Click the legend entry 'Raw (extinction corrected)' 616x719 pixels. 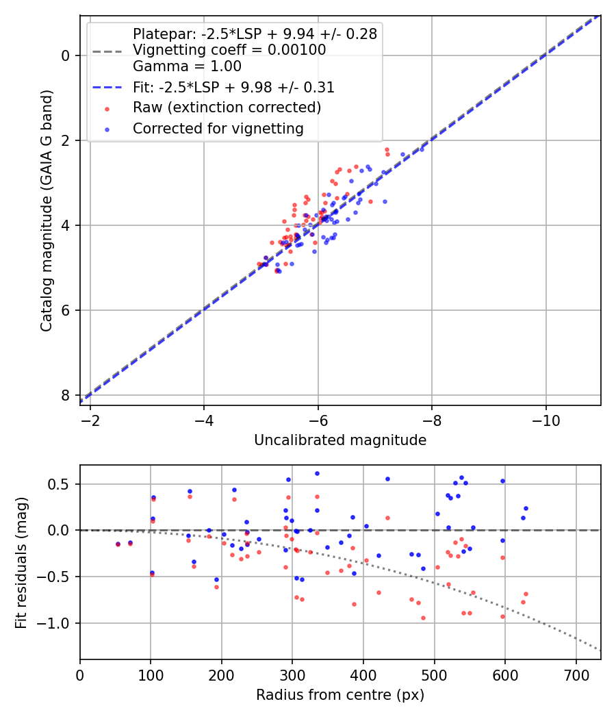pos(227,108)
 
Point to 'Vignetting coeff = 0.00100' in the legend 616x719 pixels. pos(229,50)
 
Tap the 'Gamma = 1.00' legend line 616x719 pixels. pos(187,67)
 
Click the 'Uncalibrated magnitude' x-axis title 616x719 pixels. pos(340,440)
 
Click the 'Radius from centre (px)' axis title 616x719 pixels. pos(340,695)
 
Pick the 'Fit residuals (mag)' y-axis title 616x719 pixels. pos(21,562)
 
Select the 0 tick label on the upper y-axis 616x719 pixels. pos(66,55)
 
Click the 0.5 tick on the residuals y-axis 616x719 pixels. pos(62,484)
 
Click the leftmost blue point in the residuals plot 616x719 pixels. pos(118,544)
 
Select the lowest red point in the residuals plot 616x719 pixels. pos(423,618)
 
